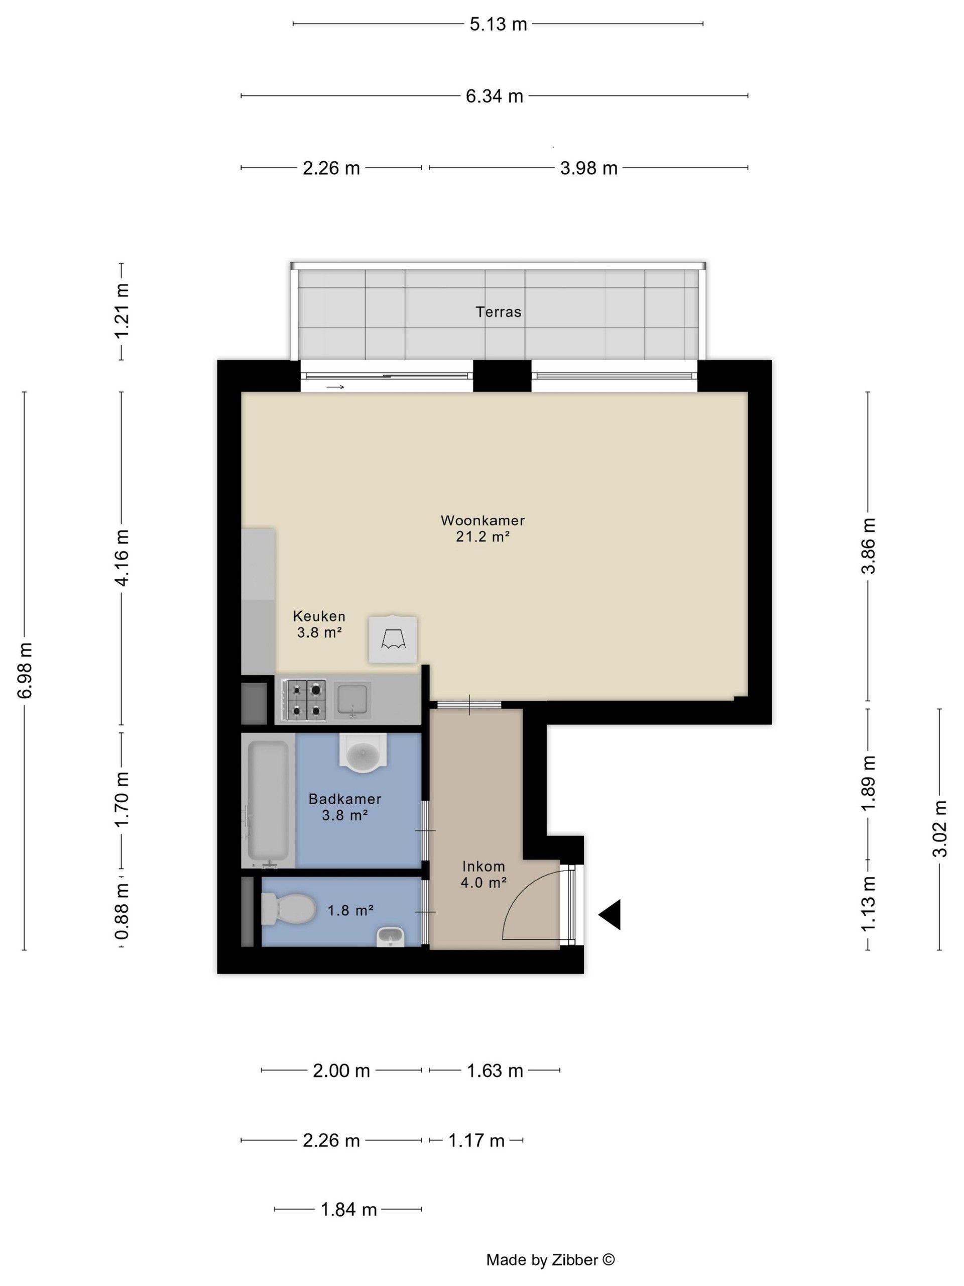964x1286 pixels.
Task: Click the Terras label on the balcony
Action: click(x=498, y=311)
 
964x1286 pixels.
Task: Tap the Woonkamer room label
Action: click(x=483, y=520)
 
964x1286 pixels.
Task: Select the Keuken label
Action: click(x=319, y=616)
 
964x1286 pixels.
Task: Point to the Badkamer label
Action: click(x=344, y=799)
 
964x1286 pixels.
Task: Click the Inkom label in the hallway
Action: click(x=484, y=866)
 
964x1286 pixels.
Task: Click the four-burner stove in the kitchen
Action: click(x=304, y=701)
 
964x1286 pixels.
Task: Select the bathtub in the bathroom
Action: click(x=268, y=801)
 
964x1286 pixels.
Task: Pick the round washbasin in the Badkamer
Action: click(x=363, y=754)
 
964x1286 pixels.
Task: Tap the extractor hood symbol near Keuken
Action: click(x=393, y=639)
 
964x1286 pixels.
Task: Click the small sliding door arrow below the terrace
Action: click(x=335, y=387)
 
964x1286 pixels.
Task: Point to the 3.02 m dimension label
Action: click(x=939, y=829)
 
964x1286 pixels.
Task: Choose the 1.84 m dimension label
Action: click(x=348, y=1209)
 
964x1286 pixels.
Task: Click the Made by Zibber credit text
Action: click(x=550, y=1259)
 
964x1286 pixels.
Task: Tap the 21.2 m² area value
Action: click(x=483, y=536)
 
